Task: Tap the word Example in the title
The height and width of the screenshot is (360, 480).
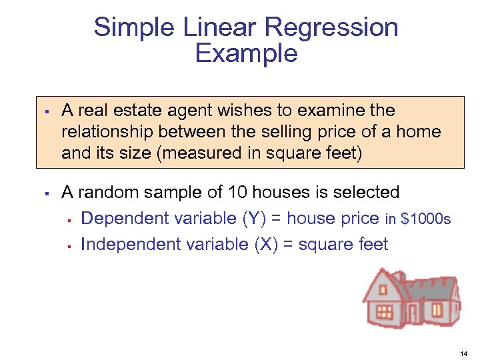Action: [x=246, y=53]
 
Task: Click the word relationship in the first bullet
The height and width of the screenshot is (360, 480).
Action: [x=107, y=132]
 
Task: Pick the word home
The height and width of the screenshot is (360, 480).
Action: [x=419, y=132]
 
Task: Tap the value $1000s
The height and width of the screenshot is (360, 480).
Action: [x=426, y=219]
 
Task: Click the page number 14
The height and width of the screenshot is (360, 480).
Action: [x=464, y=351]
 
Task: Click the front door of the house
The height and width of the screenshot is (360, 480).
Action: [x=413, y=313]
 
